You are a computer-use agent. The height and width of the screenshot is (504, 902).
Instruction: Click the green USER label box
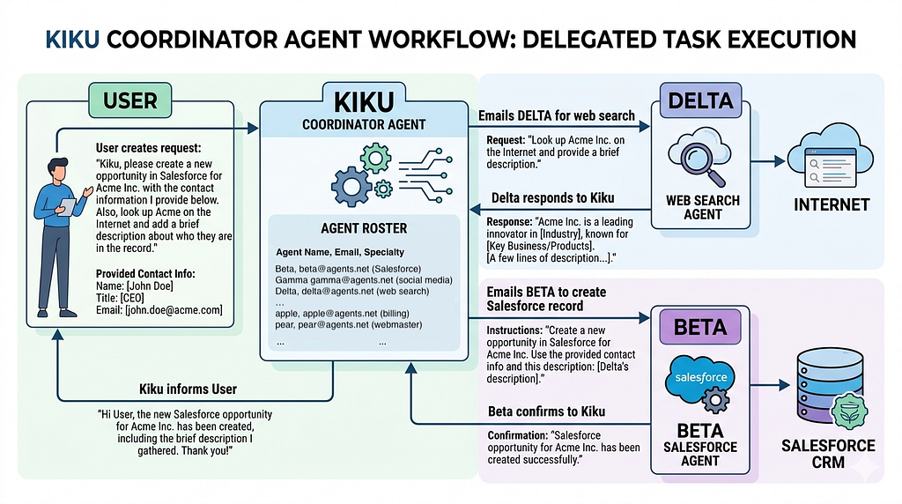(130, 100)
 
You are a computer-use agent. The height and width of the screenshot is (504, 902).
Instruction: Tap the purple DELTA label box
(700, 100)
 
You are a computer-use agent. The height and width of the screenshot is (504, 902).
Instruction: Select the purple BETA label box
(700, 327)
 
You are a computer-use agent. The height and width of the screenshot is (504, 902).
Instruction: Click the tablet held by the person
(67, 206)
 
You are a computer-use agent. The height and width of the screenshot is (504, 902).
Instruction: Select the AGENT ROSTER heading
(364, 228)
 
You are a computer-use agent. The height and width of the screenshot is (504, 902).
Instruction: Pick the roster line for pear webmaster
(349, 324)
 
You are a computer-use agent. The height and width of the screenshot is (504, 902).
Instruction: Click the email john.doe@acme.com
(174, 310)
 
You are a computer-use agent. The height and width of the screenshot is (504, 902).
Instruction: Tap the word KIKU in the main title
(72, 40)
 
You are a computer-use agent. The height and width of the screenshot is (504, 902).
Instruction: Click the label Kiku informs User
(189, 389)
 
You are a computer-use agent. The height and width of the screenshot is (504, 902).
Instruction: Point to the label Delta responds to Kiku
(552, 198)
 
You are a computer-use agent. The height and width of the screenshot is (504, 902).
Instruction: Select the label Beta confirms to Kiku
(546, 411)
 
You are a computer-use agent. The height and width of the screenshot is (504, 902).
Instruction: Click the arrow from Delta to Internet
(768, 161)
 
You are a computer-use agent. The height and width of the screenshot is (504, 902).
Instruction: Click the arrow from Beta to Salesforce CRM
(770, 385)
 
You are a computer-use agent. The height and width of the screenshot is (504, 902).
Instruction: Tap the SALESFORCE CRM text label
(828, 454)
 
